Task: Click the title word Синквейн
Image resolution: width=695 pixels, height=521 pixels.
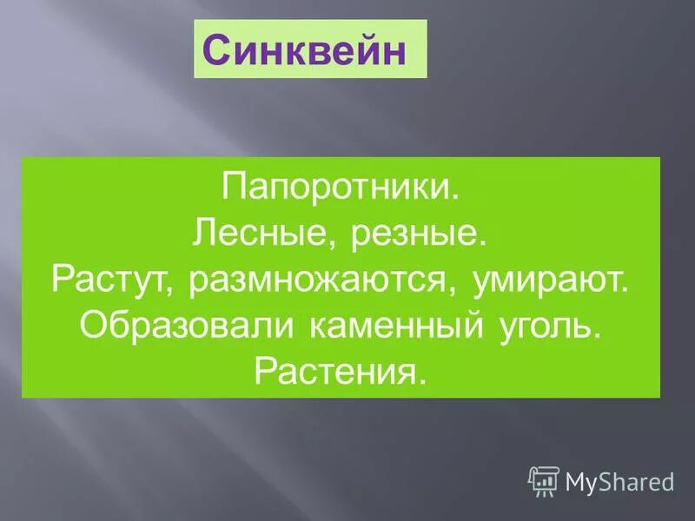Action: coord(305,49)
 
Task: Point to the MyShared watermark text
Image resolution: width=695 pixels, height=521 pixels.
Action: coord(619,481)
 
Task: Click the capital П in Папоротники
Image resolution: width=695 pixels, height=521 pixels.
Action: coord(235,188)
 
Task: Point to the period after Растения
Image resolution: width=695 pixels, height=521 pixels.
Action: coord(424,381)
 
